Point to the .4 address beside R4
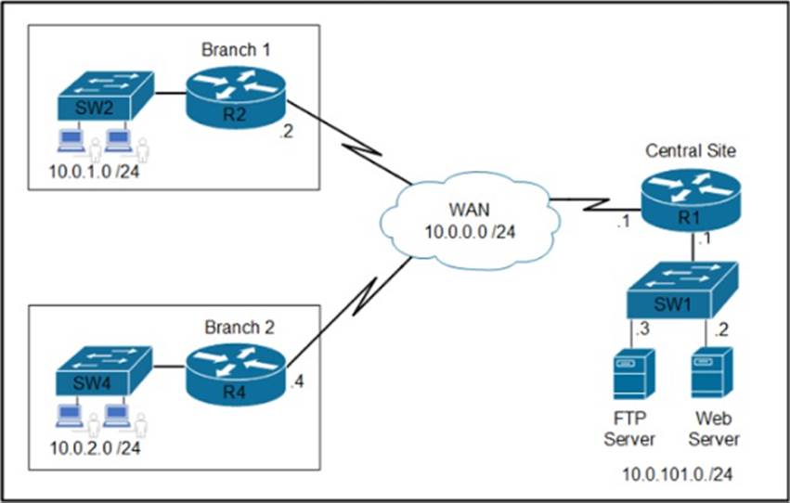click(x=297, y=380)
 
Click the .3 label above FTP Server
click(x=640, y=329)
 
